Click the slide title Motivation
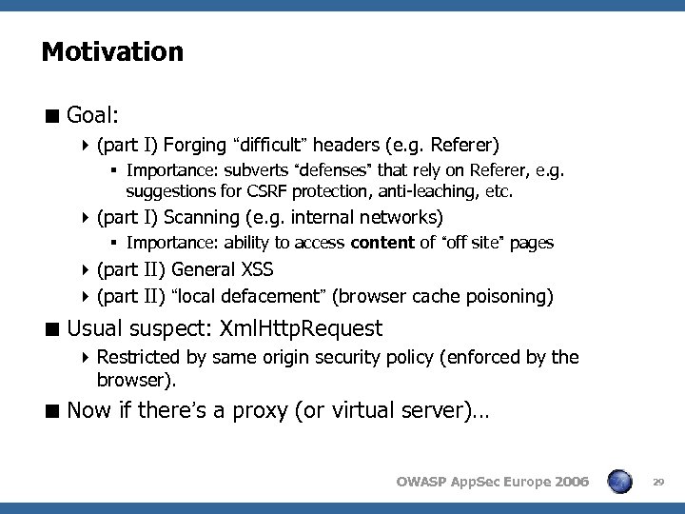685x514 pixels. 112,51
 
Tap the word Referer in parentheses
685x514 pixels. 461,146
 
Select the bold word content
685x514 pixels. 382,243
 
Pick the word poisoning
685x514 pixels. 506,296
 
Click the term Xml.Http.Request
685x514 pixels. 301,329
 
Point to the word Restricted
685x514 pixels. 135,357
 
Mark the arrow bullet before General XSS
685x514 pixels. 87,270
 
